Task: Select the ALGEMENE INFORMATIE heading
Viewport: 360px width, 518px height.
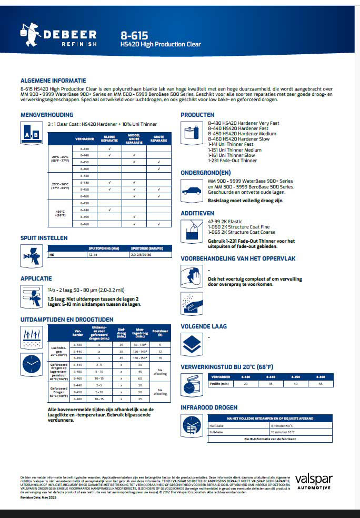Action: (x=53, y=81)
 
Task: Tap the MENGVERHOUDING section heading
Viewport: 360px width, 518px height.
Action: (x=46, y=114)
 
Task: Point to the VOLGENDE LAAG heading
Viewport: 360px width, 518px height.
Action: (x=204, y=326)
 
